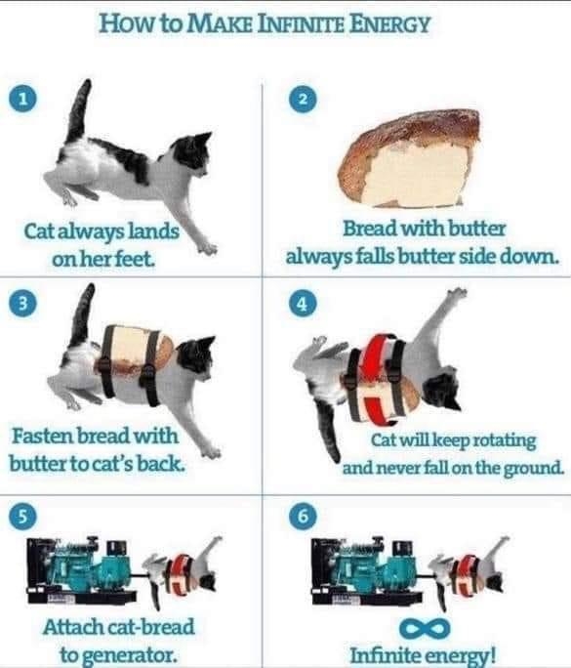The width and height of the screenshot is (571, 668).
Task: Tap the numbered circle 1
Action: [x=23, y=99]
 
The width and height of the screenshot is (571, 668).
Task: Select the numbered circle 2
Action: [x=303, y=100]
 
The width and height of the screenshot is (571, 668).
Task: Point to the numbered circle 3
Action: [x=23, y=304]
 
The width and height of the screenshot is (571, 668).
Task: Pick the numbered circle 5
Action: [x=23, y=516]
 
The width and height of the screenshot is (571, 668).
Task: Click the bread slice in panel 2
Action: [x=409, y=158]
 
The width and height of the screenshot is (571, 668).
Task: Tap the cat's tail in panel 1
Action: [x=80, y=111]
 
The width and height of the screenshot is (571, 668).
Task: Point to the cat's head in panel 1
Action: [x=193, y=154]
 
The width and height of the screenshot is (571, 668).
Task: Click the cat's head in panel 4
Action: [x=444, y=389]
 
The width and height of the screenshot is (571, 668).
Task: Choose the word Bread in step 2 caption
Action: [x=370, y=229]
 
